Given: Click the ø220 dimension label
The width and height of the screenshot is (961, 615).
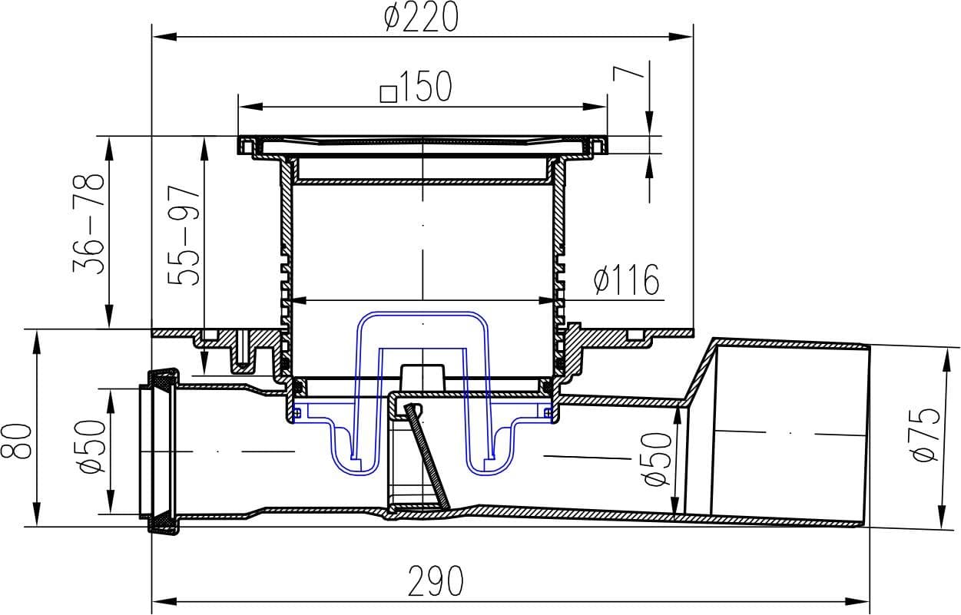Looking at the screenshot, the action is point(422,17).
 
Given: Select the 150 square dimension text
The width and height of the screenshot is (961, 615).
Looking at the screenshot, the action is point(416,86).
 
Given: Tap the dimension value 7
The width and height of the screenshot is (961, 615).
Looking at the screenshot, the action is point(628,78).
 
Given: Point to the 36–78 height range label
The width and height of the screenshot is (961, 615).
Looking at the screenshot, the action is point(88,223).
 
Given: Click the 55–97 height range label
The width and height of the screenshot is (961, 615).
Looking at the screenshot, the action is point(184,236).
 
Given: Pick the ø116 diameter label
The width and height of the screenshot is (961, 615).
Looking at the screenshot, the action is point(626,279).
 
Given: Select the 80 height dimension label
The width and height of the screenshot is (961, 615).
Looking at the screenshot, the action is point(16,441).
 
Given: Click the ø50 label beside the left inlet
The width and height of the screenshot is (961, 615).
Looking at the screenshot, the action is point(92,446).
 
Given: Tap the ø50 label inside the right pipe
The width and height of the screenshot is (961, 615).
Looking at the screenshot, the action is point(658,459).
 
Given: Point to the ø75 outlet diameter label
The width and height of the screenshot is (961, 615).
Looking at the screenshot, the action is point(926,435).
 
